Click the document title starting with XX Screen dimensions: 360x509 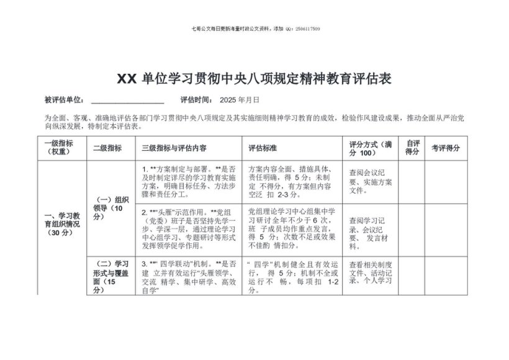[254, 79]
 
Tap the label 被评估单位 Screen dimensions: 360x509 [64, 100]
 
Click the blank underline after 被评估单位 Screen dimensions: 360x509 [127, 101]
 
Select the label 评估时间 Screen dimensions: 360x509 [196, 100]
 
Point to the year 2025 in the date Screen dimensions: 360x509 [228, 100]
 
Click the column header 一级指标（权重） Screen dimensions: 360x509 [58, 148]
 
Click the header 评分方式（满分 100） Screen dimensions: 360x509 [371, 148]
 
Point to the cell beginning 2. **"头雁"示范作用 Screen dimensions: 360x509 [190, 228]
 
